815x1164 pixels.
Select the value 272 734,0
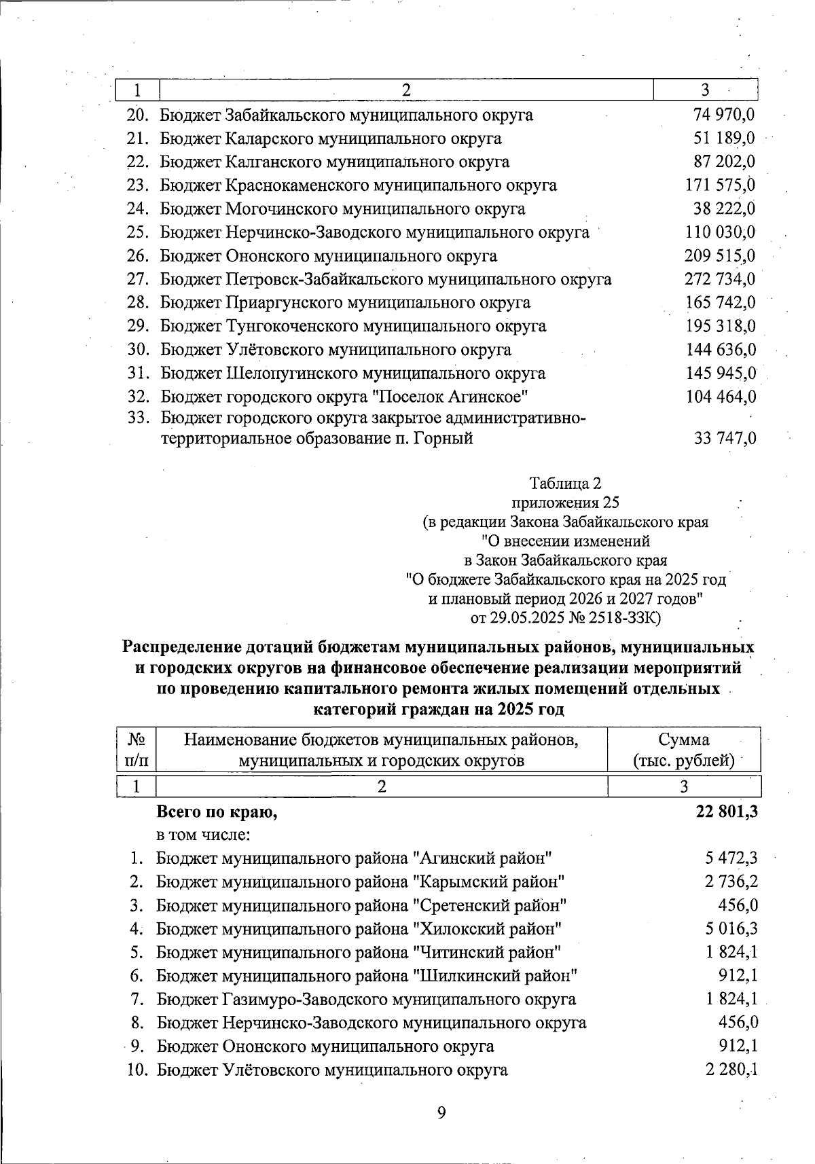(x=719, y=279)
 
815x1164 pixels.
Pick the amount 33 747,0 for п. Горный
(x=724, y=439)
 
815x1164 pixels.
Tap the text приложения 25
(x=565, y=503)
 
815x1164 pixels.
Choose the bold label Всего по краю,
(x=217, y=812)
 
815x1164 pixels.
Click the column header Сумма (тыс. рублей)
(x=683, y=750)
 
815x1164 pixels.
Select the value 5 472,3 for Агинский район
(x=731, y=858)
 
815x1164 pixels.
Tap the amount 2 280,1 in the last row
(x=731, y=1070)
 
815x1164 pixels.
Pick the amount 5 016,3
(x=731, y=929)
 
